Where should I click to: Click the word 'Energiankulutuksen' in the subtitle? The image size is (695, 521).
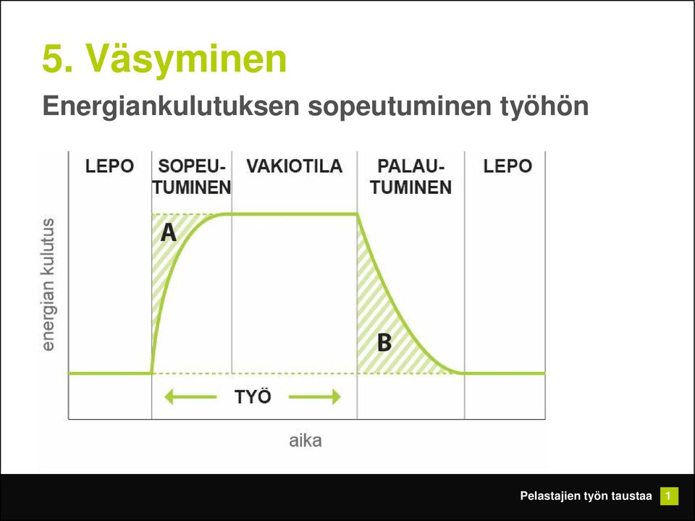pos(171,106)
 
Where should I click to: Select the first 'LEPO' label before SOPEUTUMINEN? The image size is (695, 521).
pos(109,166)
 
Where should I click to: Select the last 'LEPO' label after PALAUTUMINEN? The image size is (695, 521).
pos(507,166)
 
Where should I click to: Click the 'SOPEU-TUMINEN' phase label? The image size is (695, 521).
pos(191,177)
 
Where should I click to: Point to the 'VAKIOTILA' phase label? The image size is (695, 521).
pos(295,166)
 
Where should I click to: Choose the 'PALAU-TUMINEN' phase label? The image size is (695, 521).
pos(411,177)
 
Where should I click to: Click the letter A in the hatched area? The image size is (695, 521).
pos(169,232)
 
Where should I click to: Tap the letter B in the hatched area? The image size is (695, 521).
pos(384,342)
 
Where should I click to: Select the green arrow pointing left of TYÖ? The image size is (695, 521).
pos(190,397)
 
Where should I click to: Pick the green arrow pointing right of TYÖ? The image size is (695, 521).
pos(315,397)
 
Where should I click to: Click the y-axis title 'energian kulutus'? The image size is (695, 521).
pos(48,284)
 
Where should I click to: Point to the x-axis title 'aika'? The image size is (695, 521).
pos(306,441)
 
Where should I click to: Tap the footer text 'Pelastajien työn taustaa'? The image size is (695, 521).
pos(586,496)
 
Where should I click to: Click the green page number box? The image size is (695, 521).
pos(669,496)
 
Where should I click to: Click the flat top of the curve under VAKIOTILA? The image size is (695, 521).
pos(295,214)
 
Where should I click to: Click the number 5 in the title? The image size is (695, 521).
pos(53,59)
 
